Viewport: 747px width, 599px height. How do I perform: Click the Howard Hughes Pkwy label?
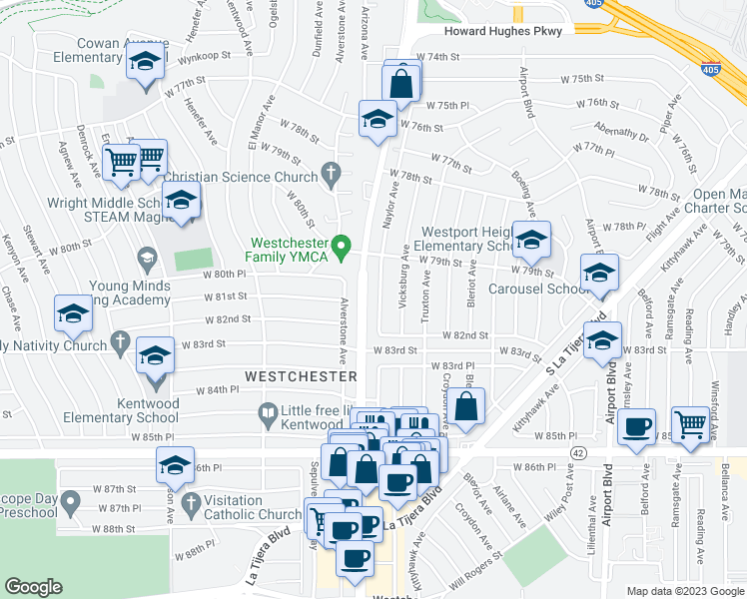tap(503, 31)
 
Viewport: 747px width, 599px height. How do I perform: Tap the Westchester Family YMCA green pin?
tap(343, 245)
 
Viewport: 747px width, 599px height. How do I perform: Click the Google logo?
tap(33, 587)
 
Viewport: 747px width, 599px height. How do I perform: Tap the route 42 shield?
tap(577, 452)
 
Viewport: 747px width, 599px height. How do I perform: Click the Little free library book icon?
tap(268, 410)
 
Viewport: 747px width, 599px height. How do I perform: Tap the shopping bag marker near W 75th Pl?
tap(401, 83)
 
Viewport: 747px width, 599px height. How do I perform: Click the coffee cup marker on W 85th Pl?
tap(636, 427)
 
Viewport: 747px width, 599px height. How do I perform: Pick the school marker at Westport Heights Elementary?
tap(531, 240)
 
